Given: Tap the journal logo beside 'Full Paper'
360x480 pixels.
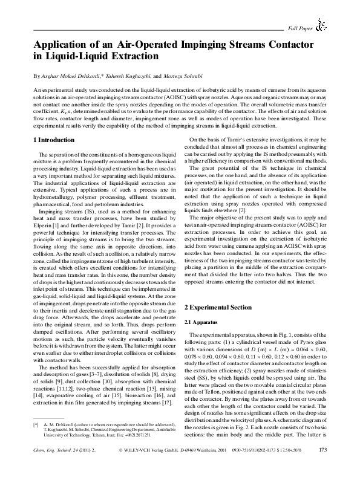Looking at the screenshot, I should pos(322,25).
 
